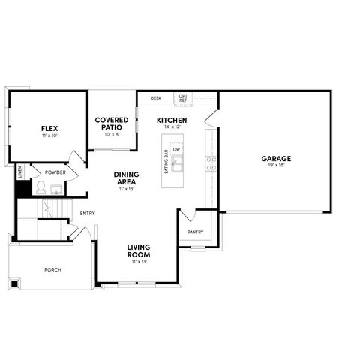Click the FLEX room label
tap(49, 129)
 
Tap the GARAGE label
tap(276, 158)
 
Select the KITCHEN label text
tap(171, 120)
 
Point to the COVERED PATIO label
tap(112, 124)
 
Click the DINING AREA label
tap(125, 178)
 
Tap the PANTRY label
tap(195, 232)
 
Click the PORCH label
tap(52, 270)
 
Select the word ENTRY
tap(88, 214)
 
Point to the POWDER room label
tap(55, 172)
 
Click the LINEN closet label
tap(19, 172)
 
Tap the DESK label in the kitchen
tap(156, 98)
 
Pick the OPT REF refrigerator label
tap(182, 98)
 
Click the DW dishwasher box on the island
tap(176, 150)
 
